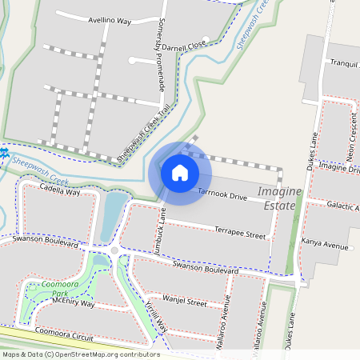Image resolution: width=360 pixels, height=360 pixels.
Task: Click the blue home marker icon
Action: (x=180, y=173)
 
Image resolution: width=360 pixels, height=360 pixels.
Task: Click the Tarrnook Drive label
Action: (x=222, y=196)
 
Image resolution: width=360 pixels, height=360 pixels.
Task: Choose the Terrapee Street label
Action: (x=240, y=234)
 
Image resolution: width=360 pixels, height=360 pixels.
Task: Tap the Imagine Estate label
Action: (x=280, y=199)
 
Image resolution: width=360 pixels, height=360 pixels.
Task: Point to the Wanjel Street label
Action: (x=185, y=302)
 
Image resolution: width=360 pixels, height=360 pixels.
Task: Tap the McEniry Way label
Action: (x=73, y=304)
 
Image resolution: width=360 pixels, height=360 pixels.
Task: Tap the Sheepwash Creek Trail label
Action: (x=144, y=134)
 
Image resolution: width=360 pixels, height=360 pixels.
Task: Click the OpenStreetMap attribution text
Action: (x=80, y=354)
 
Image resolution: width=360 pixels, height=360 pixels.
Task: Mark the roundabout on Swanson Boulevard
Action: (x=114, y=251)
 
